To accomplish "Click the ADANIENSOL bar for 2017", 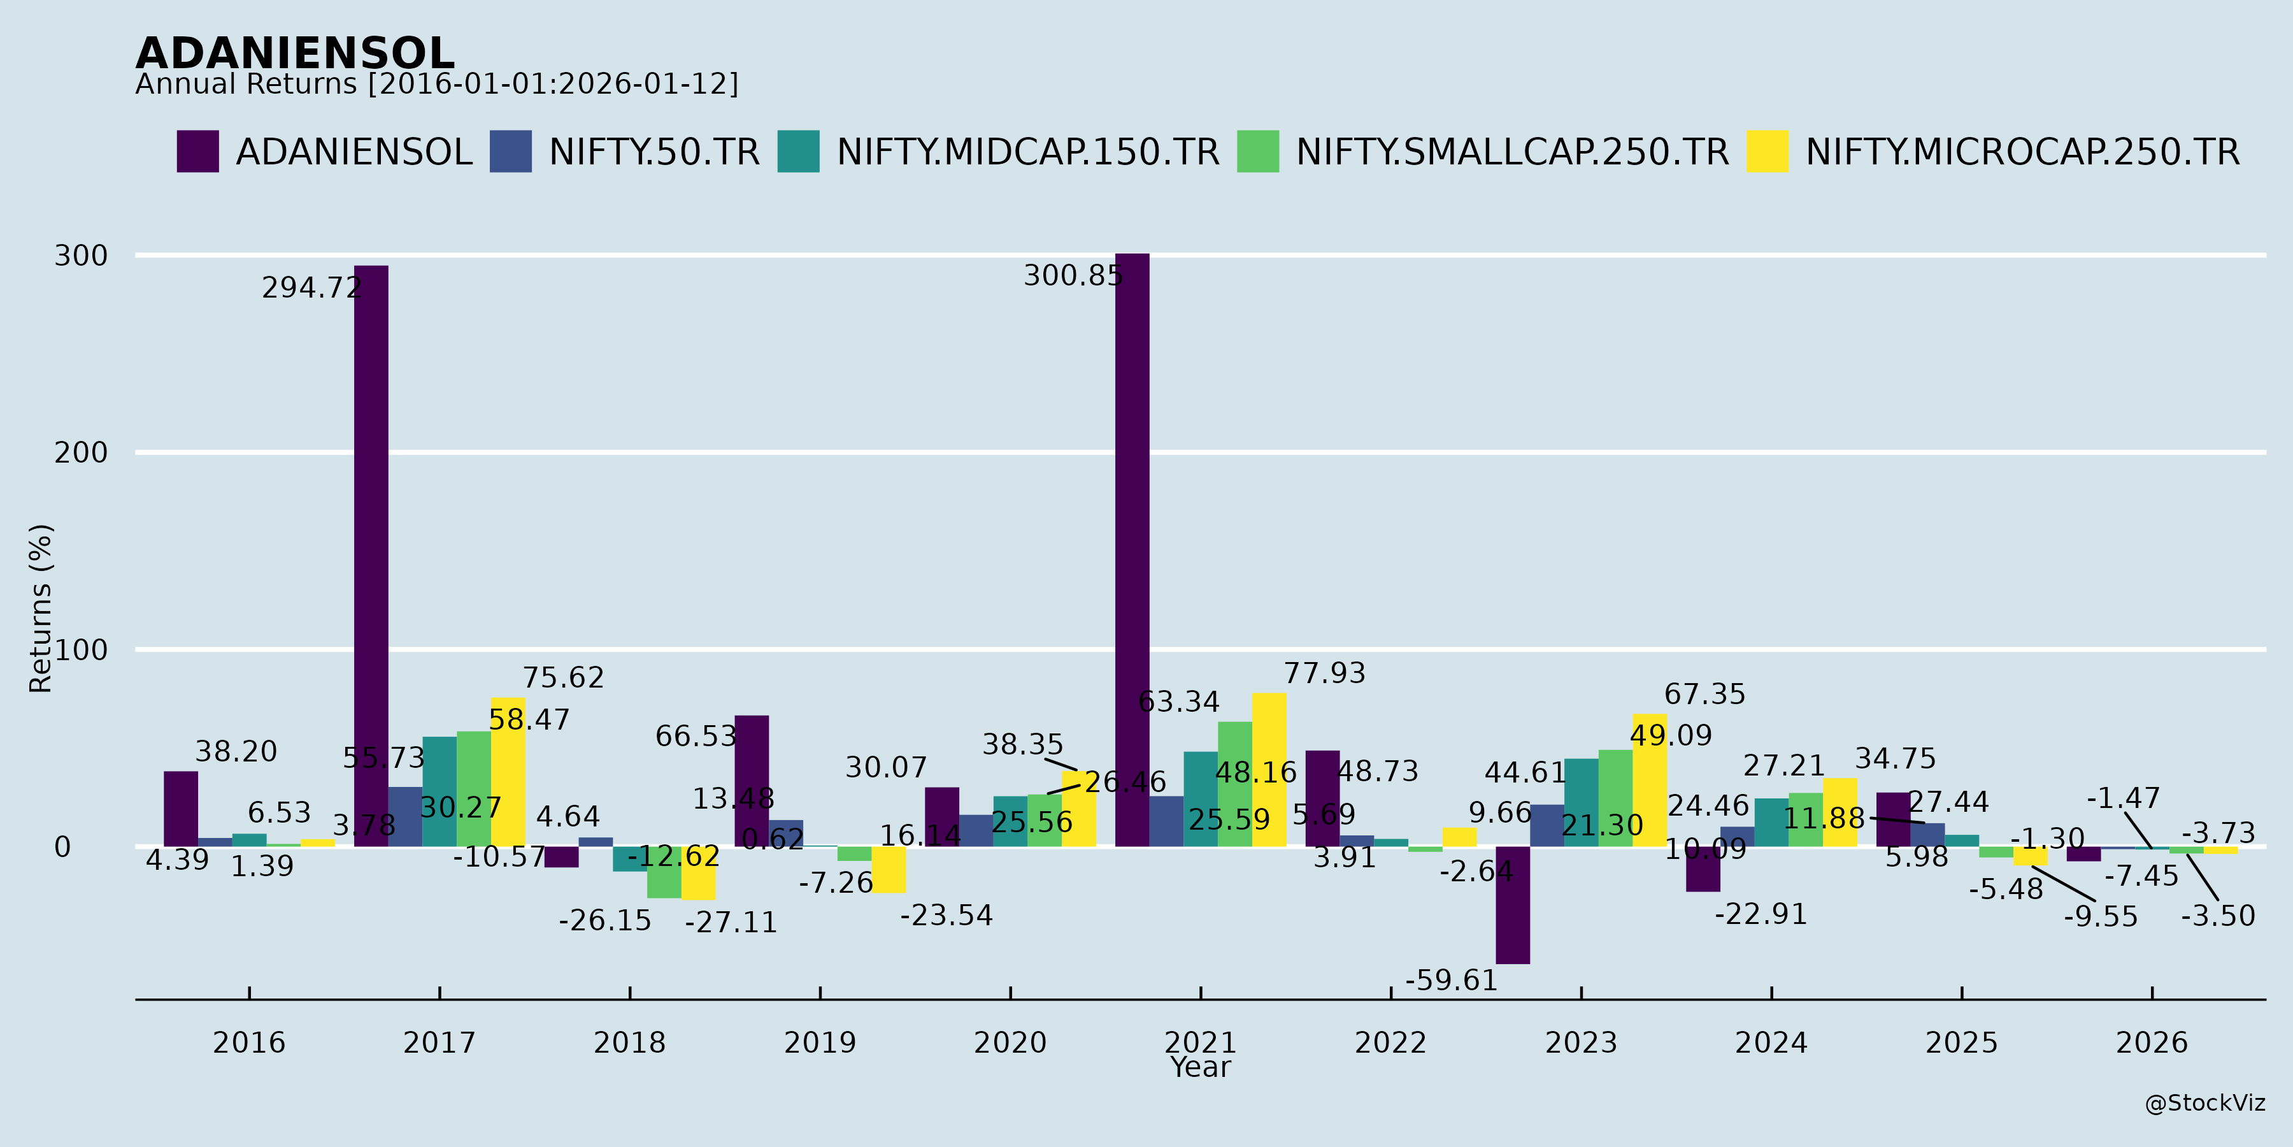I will coord(371,556).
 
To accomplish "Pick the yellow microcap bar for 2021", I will coord(1269,769).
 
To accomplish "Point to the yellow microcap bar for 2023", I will coord(1650,780).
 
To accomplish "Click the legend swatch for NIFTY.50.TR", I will coord(511,152).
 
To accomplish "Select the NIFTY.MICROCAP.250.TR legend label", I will coord(2022,152).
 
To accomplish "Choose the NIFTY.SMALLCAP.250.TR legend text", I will coord(1512,152).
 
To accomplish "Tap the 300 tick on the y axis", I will coord(81,256).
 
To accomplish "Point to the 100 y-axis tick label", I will coord(81,650).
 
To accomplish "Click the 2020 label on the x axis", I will coord(1010,1042).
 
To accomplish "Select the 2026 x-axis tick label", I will coord(2152,1042).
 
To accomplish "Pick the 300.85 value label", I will coord(1073,275).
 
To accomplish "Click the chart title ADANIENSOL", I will coord(295,54).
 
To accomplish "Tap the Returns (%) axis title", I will coord(41,609).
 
